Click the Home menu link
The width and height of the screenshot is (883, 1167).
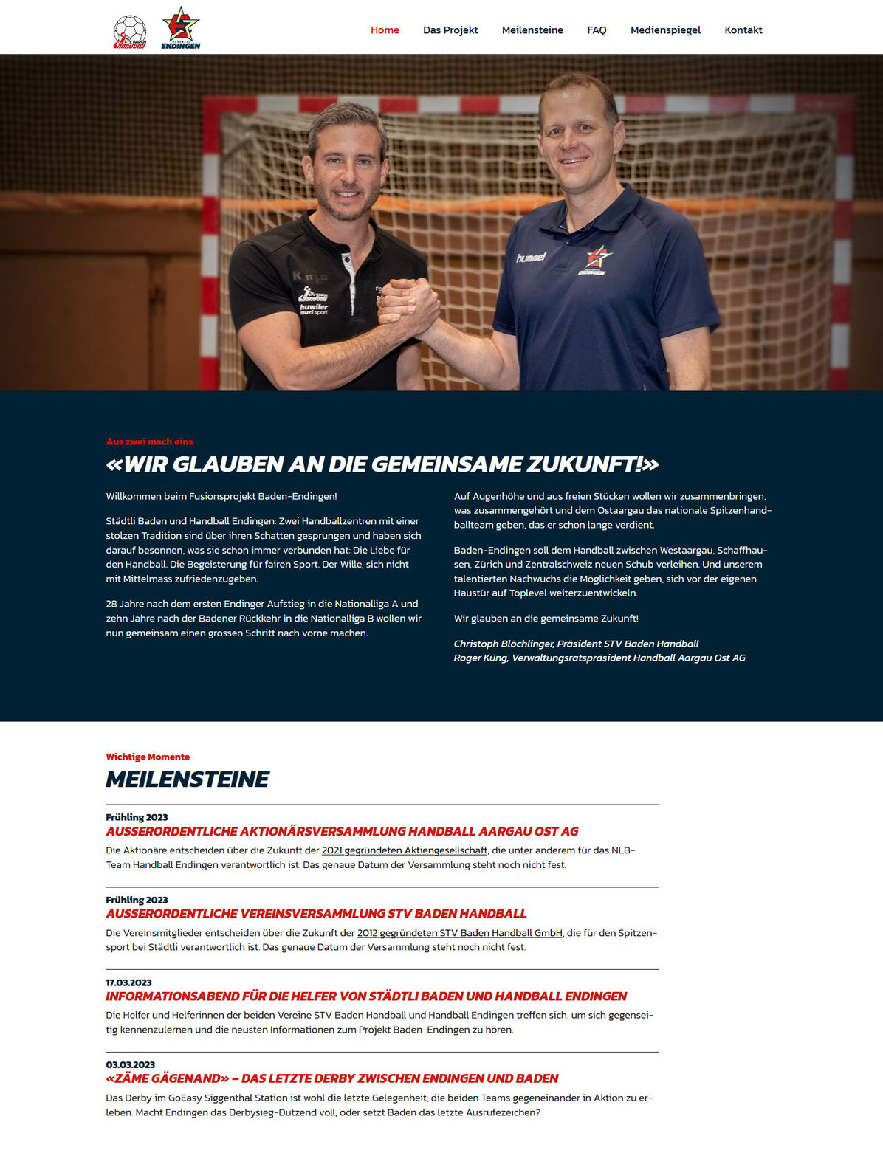pos(385,30)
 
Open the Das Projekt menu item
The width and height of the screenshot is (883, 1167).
pos(450,30)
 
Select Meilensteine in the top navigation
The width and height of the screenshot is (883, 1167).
pos(532,30)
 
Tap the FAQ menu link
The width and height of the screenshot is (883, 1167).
pos(597,30)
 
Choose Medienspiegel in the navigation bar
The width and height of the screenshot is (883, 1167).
pos(665,30)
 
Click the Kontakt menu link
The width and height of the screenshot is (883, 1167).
pos(743,30)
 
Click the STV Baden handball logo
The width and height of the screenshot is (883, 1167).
pos(130,32)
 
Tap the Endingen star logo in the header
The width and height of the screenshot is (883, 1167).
pos(181,29)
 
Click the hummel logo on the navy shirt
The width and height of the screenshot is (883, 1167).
pos(531,257)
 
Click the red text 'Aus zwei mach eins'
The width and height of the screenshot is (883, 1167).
pos(149,441)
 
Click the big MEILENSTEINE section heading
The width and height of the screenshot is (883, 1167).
pos(188,779)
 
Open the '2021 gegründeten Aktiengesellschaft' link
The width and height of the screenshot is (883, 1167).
pos(405,850)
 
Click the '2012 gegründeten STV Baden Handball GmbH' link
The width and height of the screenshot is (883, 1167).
pos(459,933)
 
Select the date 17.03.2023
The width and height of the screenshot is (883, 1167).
pos(128,982)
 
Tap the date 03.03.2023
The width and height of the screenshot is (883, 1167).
pos(130,1064)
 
